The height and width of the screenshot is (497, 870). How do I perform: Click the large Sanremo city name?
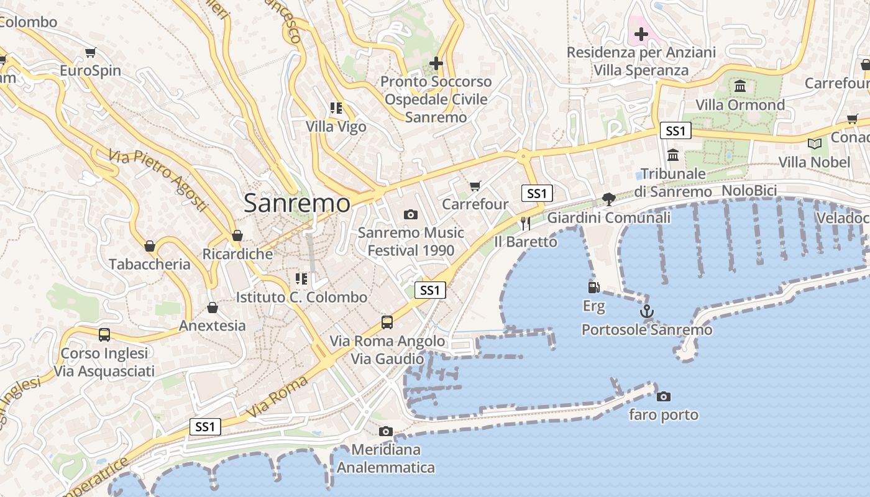297,203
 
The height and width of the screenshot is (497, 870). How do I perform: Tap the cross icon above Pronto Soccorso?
436,63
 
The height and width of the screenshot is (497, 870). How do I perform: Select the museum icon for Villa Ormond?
739,86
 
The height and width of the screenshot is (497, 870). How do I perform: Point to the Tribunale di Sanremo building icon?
673,155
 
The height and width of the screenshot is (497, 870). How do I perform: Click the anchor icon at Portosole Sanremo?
647,311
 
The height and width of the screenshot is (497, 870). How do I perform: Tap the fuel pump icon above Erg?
594,288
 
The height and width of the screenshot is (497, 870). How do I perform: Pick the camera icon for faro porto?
664,396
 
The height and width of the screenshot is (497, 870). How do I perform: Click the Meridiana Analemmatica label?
386,458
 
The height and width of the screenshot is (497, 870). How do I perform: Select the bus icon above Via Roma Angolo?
387,322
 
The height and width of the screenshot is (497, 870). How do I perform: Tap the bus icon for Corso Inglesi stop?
104,334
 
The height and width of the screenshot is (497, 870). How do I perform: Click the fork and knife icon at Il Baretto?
526,222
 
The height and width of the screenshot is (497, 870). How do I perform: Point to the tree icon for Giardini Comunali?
609,199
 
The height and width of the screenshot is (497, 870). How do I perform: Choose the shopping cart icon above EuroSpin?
91,52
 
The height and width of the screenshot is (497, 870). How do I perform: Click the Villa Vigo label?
336,127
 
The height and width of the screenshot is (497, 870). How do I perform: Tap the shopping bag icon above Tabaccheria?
150,246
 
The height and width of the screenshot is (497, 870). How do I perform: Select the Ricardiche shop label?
237,254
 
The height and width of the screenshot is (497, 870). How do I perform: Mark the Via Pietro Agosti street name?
158,180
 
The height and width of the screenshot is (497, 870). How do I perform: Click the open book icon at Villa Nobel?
814,144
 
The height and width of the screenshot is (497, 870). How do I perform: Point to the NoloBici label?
749,191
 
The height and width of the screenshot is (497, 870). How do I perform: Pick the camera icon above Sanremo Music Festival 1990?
410,214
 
